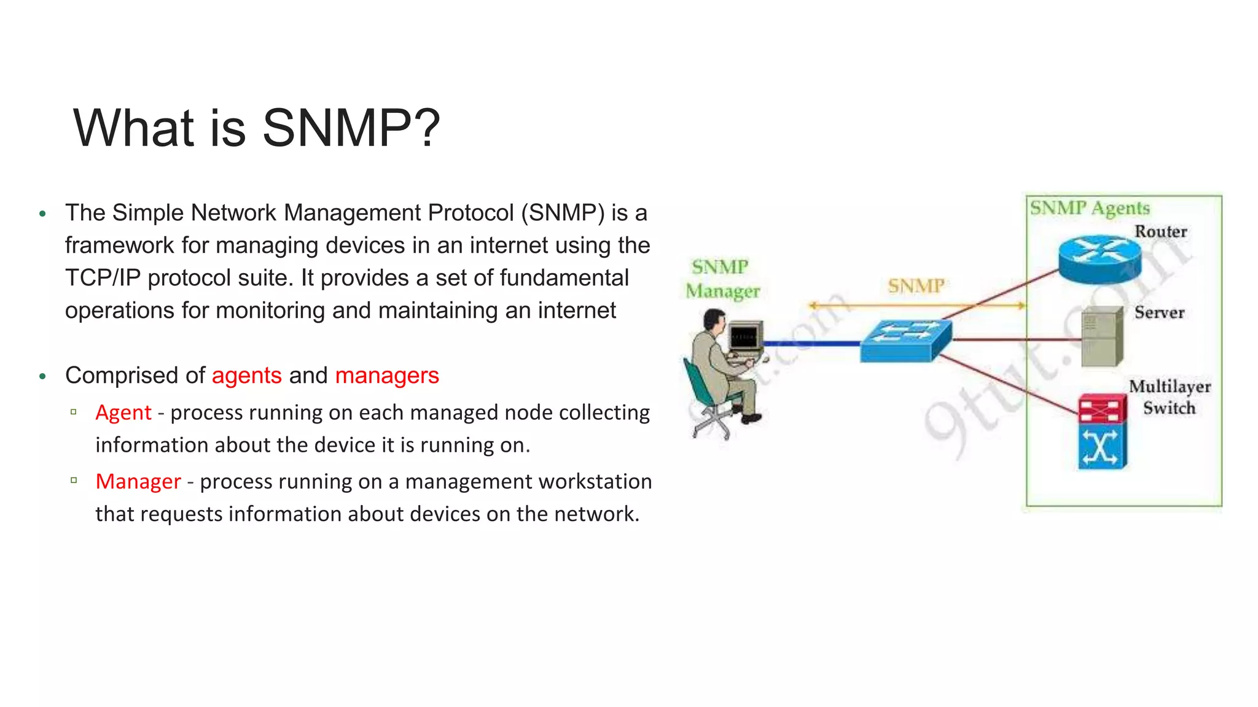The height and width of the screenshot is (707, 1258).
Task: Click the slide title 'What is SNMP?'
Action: coord(257,128)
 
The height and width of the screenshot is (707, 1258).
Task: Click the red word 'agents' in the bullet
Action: coord(246,375)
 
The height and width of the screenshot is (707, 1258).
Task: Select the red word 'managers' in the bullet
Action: coord(387,375)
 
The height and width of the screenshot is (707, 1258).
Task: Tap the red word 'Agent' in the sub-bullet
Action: coord(123,412)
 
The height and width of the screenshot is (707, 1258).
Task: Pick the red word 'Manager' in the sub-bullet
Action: coord(138,482)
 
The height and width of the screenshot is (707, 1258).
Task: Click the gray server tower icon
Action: coord(1101,336)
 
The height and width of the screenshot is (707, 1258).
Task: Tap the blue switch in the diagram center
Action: coord(905,341)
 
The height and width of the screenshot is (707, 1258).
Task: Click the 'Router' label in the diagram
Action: coord(1160,231)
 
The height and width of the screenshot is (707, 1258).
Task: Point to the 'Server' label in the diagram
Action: coord(1159,312)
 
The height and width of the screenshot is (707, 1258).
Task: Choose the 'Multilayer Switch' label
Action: coord(1170,397)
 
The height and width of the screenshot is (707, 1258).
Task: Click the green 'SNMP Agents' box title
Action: coord(1090,208)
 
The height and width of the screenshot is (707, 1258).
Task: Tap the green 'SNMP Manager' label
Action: coord(722,279)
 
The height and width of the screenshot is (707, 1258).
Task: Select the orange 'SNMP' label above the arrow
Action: coord(916,285)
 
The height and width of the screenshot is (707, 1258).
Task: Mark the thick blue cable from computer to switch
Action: coord(811,344)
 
